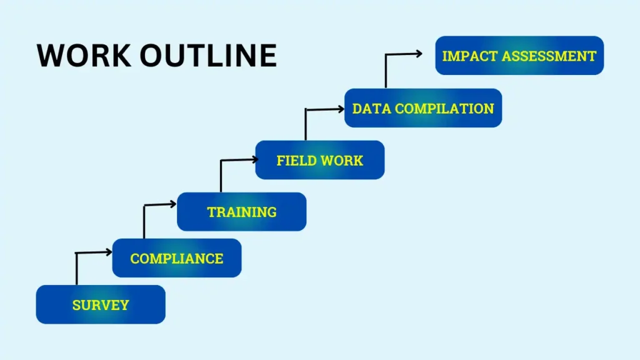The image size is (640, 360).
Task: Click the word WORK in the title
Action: (x=84, y=55)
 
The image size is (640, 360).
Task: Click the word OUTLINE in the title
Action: (x=208, y=55)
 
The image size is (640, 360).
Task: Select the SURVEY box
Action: (x=101, y=304)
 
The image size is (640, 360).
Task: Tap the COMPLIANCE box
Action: (x=177, y=258)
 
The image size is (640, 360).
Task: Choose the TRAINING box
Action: (x=242, y=211)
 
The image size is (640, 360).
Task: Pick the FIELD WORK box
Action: (x=320, y=160)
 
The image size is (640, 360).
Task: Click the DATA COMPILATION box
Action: (x=423, y=107)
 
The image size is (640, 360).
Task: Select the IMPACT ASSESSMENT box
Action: (x=519, y=56)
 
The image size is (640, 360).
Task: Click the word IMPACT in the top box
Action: (x=469, y=56)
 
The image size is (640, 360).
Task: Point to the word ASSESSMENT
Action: (x=549, y=56)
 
